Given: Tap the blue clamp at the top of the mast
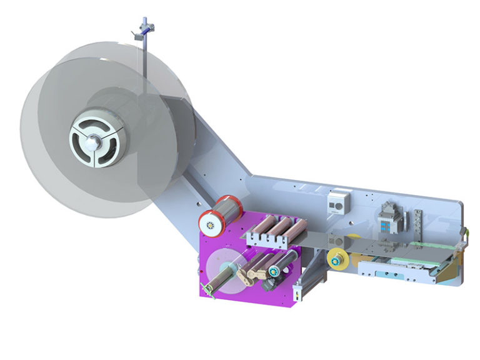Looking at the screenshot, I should (x=145, y=29).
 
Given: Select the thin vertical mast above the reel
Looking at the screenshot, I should (x=144, y=56).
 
